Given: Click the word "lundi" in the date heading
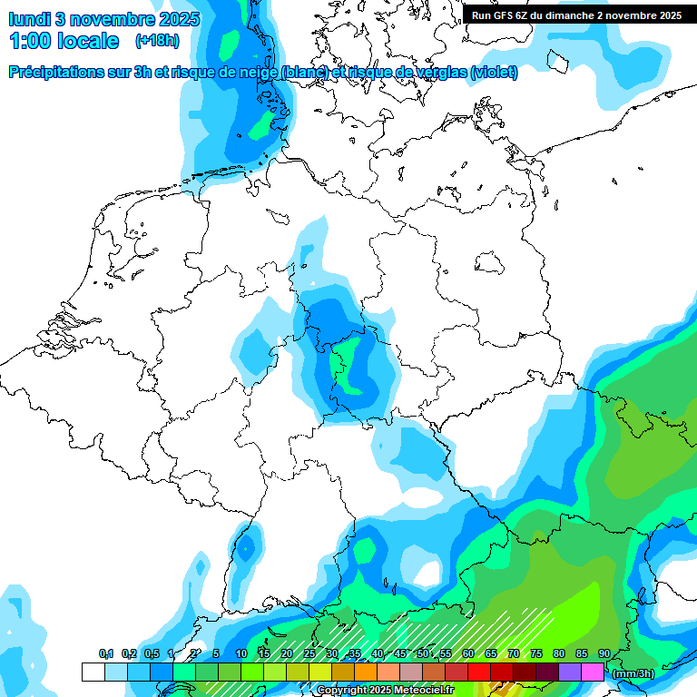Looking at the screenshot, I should (x=29, y=19).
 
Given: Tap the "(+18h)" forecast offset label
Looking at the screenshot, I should (x=156, y=41).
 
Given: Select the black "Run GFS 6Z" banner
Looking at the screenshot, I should (x=576, y=15).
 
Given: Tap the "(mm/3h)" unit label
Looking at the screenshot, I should (x=632, y=672).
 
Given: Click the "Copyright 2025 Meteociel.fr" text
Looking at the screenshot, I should (x=385, y=691).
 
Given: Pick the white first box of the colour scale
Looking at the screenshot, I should (x=93, y=672).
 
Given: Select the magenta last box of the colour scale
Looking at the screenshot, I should (x=592, y=672).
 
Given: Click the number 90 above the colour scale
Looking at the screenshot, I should (x=604, y=653).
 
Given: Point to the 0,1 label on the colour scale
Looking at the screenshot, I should (x=106, y=653).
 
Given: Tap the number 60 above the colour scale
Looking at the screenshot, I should (x=467, y=653).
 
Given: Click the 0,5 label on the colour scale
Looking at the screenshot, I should (x=152, y=653).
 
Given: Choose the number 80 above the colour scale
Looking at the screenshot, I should (x=558, y=653).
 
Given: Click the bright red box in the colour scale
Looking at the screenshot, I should (x=478, y=672).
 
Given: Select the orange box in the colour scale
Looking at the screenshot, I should (x=365, y=672).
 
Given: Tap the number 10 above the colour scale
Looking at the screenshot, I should (x=241, y=653).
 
